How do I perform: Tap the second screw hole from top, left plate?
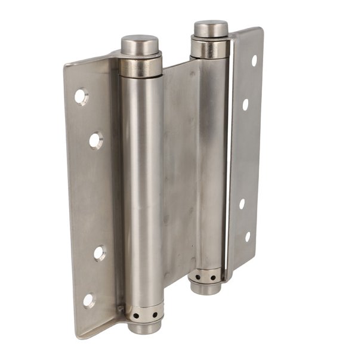click(95, 140)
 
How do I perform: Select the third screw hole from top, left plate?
click(99, 252)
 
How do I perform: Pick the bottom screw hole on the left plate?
click(88, 300)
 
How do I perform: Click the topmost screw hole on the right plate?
click(254, 60)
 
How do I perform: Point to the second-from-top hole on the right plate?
click(245, 104)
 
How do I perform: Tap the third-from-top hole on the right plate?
click(242, 203)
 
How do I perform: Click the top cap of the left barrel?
click(140, 44)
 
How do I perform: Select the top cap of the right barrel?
click(211, 28)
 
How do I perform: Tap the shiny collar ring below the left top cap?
click(141, 66)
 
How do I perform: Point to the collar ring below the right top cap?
click(210, 48)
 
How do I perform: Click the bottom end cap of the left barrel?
click(145, 326)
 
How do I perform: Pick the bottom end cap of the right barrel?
click(206, 288)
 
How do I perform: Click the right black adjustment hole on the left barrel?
click(155, 314)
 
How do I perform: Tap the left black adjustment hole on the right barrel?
click(198, 277)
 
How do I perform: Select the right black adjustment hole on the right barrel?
click(213, 276)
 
